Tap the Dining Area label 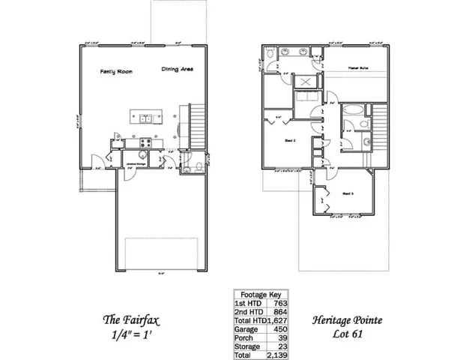(177, 70)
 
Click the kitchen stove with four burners (147, 143)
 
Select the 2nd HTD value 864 (279, 310)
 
